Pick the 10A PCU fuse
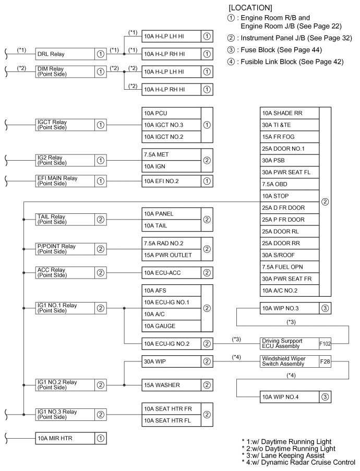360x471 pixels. coord(171,113)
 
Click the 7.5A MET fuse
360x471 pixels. coord(171,155)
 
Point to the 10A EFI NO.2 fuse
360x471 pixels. coord(171,180)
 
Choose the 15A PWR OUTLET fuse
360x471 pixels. coord(171,255)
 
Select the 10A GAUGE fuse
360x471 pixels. coord(171,326)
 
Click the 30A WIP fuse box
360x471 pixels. coord(171,361)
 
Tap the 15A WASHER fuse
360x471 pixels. coord(171,385)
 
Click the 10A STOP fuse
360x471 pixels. coord(289,196)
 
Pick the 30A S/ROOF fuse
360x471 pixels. coord(289,255)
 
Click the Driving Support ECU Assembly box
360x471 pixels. coord(289,343)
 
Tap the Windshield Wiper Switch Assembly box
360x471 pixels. coord(289,361)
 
